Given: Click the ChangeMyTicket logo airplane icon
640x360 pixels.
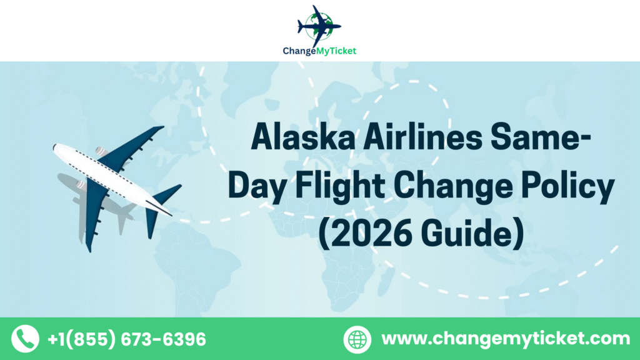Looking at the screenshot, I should tap(319, 24).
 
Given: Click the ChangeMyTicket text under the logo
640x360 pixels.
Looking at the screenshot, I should tap(319, 51).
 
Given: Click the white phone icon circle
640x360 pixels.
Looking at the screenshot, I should tap(25, 339).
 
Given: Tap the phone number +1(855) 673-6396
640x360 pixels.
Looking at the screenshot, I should tap(126, 339).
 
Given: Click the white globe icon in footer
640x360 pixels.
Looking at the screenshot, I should tap(357, 339).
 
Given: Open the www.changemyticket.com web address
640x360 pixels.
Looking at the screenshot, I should tap(506, 339).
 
